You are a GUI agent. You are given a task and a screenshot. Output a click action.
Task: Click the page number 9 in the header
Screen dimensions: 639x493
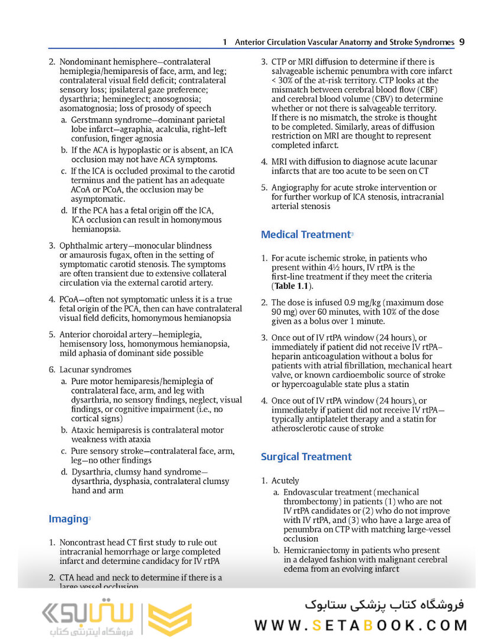coord(461,42)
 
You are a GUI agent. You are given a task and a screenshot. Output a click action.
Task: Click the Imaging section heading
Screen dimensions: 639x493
coord(68,519)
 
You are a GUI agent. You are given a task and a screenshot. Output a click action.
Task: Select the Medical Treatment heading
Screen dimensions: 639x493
coord(305,234)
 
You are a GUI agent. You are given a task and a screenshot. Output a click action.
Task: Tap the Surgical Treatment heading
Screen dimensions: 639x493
coord(306,457)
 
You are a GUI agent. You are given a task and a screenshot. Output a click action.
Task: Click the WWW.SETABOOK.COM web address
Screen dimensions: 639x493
coord(361,625)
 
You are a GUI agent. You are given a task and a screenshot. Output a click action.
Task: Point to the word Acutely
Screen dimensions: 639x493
coord(286,481)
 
